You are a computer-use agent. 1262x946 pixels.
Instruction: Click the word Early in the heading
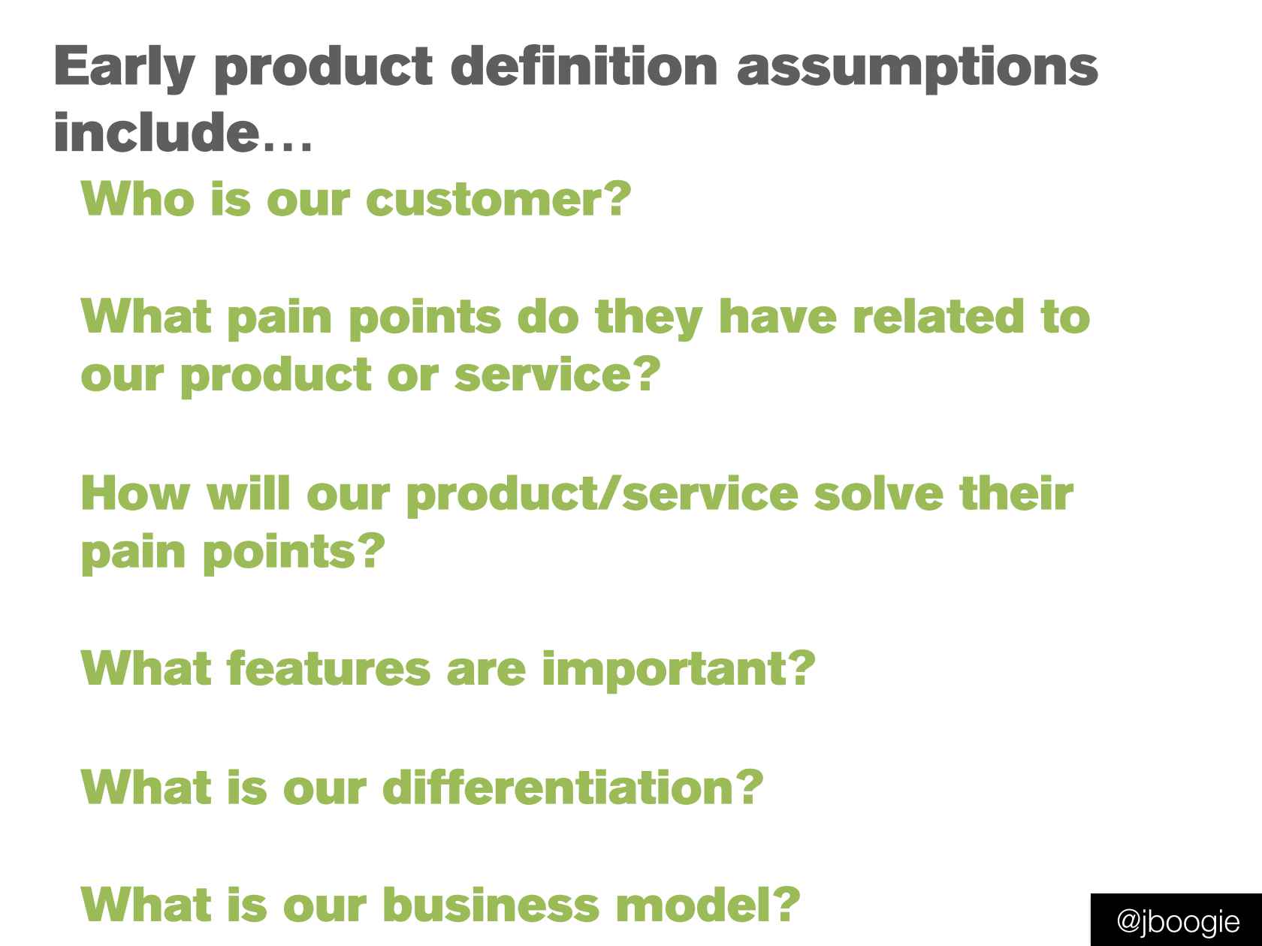124,68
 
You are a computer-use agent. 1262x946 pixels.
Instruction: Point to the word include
156,131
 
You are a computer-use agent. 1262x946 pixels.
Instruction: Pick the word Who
137,199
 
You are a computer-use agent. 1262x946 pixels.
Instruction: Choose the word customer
484,200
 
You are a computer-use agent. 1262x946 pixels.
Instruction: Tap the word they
648,318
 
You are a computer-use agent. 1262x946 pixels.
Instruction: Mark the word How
135,493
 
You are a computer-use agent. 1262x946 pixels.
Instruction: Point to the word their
1016,493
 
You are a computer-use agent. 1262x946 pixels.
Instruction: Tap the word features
328,668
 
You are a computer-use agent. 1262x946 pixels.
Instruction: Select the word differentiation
557,787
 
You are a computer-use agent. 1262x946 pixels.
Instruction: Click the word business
491,905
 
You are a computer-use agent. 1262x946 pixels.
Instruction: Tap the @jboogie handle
1178,922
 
